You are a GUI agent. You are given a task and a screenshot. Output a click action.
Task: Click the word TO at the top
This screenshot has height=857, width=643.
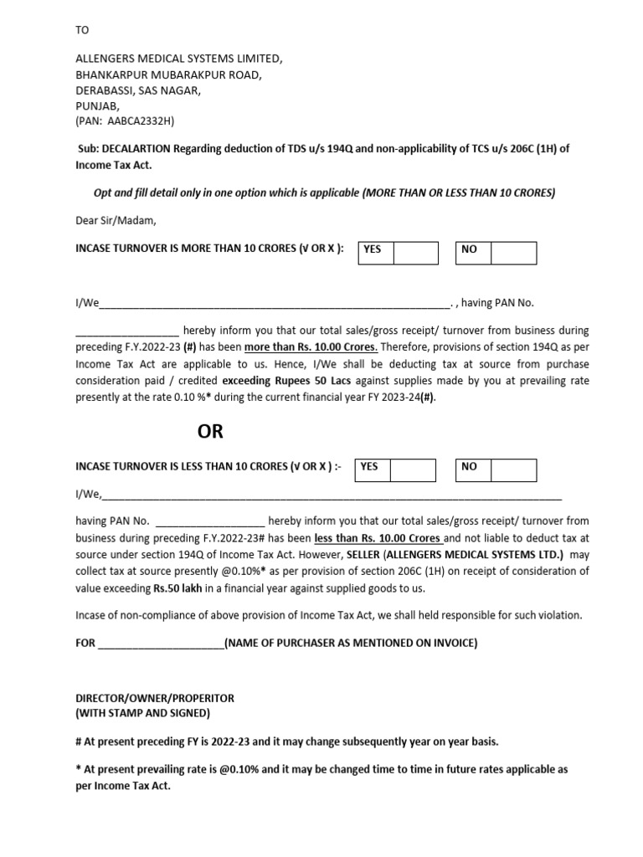click(x=81, y=30)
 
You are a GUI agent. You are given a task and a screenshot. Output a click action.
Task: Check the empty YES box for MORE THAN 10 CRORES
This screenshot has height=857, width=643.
click(x=415, y=252)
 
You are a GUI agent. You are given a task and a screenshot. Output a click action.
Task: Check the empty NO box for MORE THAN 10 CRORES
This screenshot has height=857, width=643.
click(x=513, y=252)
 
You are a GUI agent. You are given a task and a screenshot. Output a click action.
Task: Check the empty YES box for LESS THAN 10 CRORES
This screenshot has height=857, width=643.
click(x=413, y=470)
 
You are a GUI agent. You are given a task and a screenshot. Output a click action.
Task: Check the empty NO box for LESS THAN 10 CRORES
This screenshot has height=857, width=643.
click(x=513, y=470)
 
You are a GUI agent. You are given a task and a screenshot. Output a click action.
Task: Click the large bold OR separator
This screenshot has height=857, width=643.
click(x=210, y=433)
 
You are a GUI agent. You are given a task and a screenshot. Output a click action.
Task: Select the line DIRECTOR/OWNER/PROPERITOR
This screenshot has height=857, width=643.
click(x=155, y=698)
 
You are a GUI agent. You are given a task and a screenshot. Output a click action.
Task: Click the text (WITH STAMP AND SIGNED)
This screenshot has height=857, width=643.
click(x=142, y=714)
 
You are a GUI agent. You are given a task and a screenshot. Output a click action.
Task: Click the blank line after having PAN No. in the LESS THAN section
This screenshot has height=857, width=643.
click(x=210, y=521)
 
